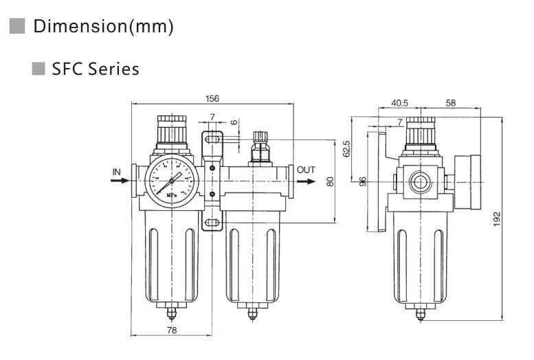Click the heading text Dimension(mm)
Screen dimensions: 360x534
tap(103, 27)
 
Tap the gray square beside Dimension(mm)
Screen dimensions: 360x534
tap(17, 27)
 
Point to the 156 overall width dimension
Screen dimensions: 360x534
tap(212, 99)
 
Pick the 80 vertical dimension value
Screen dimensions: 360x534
tap(330, 182)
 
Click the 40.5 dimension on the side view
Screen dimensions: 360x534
tap(399, 103)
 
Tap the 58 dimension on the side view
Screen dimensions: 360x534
tap(451, 103)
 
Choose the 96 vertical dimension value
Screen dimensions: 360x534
tap(364, 181)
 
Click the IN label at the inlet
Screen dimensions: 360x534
tap(117, 171)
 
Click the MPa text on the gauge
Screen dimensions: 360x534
tap(173, 194)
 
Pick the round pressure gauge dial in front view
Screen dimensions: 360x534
tap(173, 179)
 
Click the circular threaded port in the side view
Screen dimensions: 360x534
tap(417, 182)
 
